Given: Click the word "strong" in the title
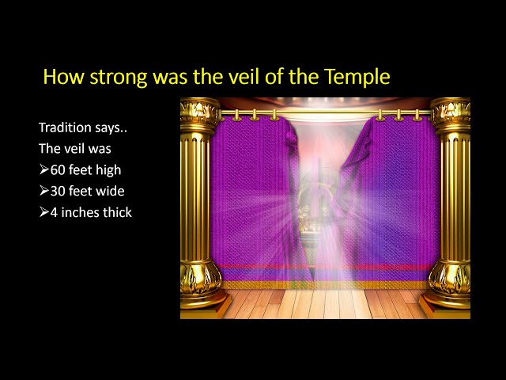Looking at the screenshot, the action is pyautogui.click(x=118, y=78).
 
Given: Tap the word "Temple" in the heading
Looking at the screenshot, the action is pyautogui.click(x=357, y=77).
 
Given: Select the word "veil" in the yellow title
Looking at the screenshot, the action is pyautogui.click(x=246, y=76).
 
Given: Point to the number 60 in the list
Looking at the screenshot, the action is pyautogui.click(x=58, y=170).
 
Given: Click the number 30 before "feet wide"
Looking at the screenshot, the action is pyautogui.click(x=58, y=192).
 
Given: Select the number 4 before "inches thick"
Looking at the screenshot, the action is pyautogui.click(x=54, y=213).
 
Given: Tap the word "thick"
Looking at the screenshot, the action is pyautogui.click(x=117, y=212).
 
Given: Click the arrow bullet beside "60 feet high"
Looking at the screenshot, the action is pyautogui.click(x=44, y=169).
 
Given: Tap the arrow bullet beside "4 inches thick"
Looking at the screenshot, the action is pyautogui.click(x=44, y=212).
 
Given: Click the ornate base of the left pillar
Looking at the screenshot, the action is pyautogui.click(x=202, y=283).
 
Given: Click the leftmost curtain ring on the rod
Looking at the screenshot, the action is pyautogui.click(x=236, y=116).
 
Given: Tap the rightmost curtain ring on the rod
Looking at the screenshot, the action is pyautogui.click(x=417, y=116).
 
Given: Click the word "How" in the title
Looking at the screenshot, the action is pyautogui.click(x=63, y=77).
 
